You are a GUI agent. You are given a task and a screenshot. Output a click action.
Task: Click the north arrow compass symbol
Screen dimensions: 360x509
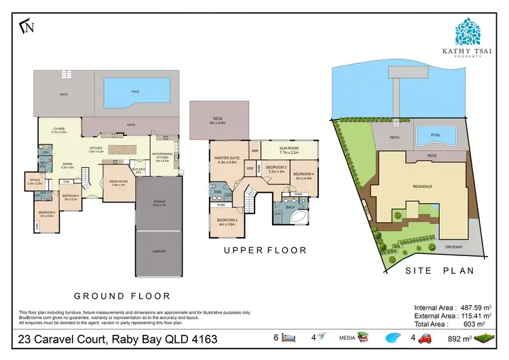click(28, 27)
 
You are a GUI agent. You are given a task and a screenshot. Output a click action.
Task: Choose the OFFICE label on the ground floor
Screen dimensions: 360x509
click(35, 181)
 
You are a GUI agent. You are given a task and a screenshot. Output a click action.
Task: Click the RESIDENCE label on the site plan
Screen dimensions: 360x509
click(423, 186)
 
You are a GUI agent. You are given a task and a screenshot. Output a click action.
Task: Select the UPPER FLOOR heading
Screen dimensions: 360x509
click(265, 251)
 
